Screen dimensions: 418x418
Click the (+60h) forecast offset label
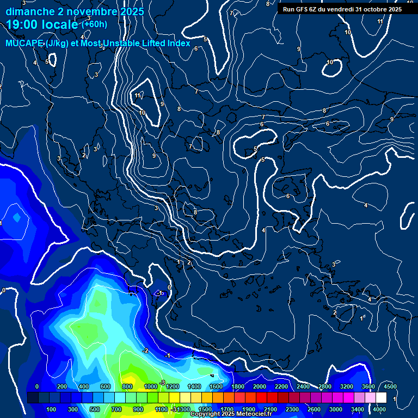94,24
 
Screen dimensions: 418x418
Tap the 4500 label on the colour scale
390,386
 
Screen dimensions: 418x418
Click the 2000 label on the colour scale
259,386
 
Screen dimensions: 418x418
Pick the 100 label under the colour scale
52,409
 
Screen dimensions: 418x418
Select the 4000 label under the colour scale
379,409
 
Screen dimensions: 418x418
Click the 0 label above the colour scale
37,386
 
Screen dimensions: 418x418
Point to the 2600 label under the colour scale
314,409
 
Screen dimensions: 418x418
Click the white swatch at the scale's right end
381,398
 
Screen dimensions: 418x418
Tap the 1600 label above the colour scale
216,386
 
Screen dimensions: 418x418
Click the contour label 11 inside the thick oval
138,95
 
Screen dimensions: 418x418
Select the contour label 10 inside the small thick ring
330,63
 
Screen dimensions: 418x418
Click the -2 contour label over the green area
145,351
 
